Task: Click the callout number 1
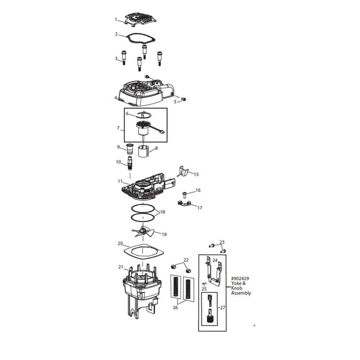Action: [x=116, y=19]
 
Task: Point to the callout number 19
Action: [x=164, y=234]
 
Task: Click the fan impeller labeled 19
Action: [x=143, y=231]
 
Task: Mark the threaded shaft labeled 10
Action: [x=130, y=163]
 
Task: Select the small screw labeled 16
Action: [x=184, y=195]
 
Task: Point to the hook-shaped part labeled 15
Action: [x=183, y=171]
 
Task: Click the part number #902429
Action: [x=240, y=279]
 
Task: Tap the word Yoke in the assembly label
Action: [x=236, y=283]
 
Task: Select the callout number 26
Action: [x=175, y=307]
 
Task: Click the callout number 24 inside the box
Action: [x=215, y=260]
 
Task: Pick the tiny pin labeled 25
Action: [x=204, y=284]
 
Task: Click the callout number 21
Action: [x=121, y=267]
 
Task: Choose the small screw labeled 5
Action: [x=184, y=99]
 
